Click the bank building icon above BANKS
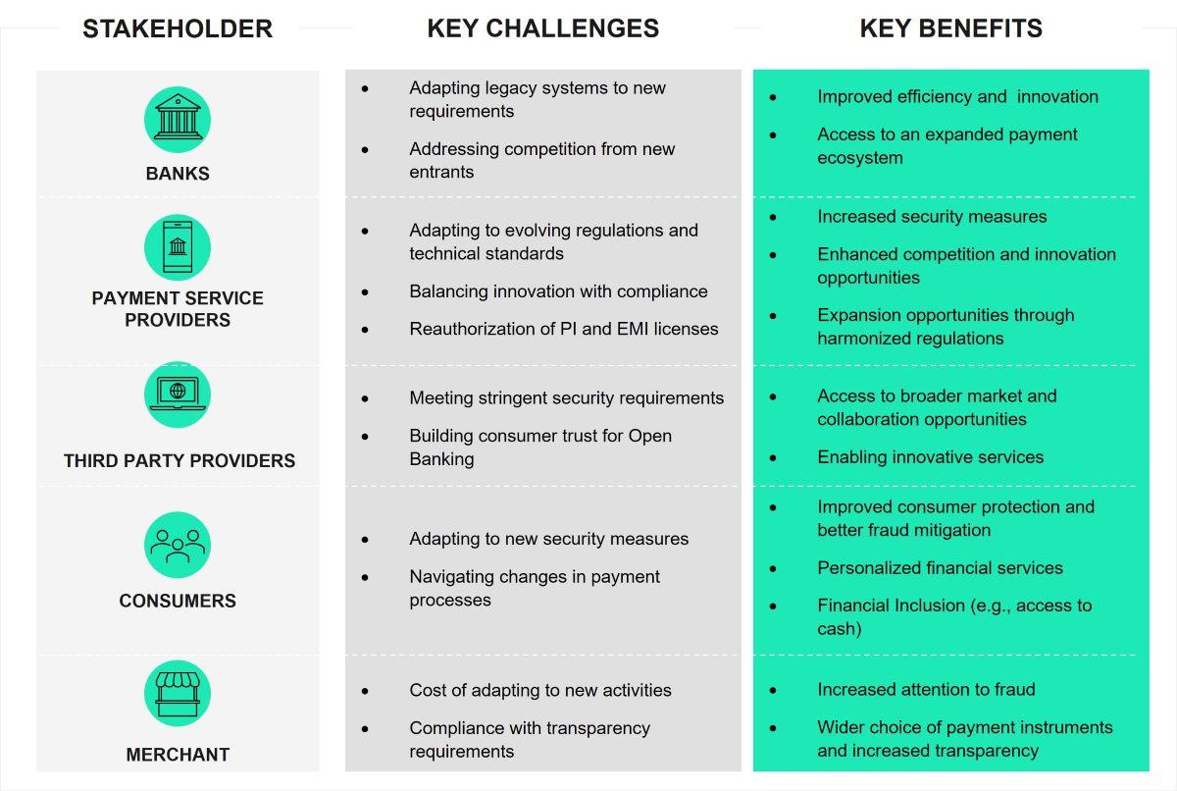(178, 120)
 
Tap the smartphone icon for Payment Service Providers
(178, 247)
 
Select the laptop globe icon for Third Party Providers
(178, 395)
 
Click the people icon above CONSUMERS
(178, 545)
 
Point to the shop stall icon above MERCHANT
(178, 694)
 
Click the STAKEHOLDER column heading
(178, 29)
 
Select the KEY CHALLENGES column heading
(543, 29)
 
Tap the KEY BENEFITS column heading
(950, 29)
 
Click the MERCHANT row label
(178, 755)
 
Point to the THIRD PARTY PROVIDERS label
(179, 460)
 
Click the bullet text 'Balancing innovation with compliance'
(558, 291)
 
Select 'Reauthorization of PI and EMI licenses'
(564, 329)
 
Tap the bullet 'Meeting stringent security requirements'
(567, 397)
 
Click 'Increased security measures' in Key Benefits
(932, 217)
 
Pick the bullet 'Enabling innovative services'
(930, 456)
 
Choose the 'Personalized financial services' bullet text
(940, 567)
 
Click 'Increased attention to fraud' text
(926, 690)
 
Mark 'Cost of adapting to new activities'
(540, 690)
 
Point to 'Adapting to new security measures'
(549, 539)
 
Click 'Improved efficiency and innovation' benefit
(957, 96)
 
